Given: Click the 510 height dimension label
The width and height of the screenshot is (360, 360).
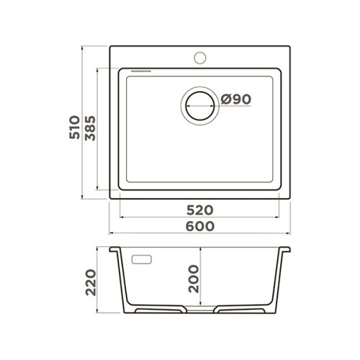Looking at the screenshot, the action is coord(74,127).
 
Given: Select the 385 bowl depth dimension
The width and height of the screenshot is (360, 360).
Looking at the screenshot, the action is coord(90,128).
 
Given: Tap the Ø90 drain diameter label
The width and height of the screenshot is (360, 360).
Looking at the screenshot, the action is coord(235,99).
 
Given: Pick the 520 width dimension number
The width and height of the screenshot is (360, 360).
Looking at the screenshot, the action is coord(200,210).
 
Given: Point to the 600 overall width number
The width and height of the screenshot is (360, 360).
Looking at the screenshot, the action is coord(200,226).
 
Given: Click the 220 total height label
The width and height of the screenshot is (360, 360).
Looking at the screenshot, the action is coord(91,282).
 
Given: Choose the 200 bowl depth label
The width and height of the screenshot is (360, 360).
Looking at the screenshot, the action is coord(194,279).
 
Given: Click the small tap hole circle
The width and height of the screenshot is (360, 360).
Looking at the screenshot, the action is coord(200,58).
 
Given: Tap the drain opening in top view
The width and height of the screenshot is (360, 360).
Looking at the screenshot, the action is coord(200,106).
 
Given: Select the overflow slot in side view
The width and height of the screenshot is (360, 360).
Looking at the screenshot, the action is coord(142,259).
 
